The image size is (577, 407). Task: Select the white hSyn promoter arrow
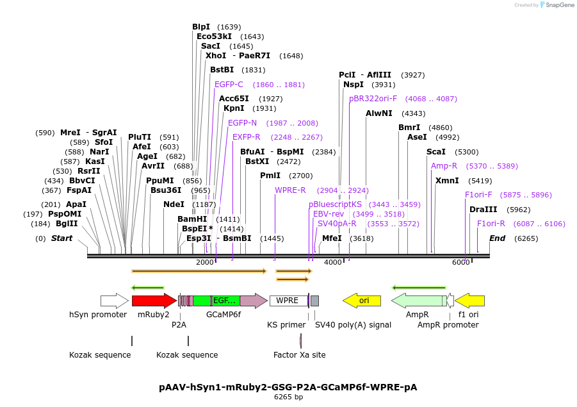[x=114, y=301]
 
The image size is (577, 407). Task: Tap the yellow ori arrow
[x=362, y=301]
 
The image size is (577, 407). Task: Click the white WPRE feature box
[x=288, y=301]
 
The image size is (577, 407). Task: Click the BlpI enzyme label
[x=201, y=27]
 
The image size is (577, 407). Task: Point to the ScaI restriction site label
[x=435, y=152]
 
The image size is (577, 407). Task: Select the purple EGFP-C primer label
[x=229, y=85]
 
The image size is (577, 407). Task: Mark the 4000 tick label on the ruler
[x=333, y=263]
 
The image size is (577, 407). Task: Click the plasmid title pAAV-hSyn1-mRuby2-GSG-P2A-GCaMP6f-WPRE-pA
[x=288, y=387]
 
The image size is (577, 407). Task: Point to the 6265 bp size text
[x=288, y=397]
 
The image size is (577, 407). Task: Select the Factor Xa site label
[x=299, y=354]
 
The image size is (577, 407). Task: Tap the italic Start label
[x=62, y=238]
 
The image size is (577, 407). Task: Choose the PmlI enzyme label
[x=270, y=176]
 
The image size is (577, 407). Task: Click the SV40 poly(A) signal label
[x=353, y=325]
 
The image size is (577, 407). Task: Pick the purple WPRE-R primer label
[x=290, y=190]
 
